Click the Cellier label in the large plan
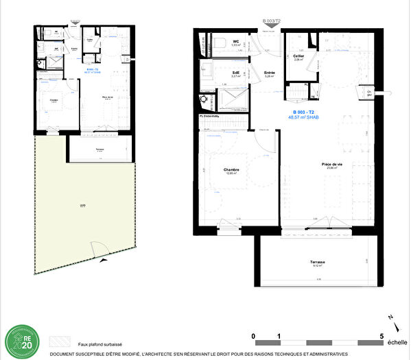(x=298, y=56)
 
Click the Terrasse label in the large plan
(x=317, y=263)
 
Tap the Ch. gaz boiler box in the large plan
(x=369, y=93)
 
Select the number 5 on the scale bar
(x=381, y=335)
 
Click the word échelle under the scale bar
(x=397, y=343)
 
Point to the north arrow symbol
(x=390, y=319)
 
